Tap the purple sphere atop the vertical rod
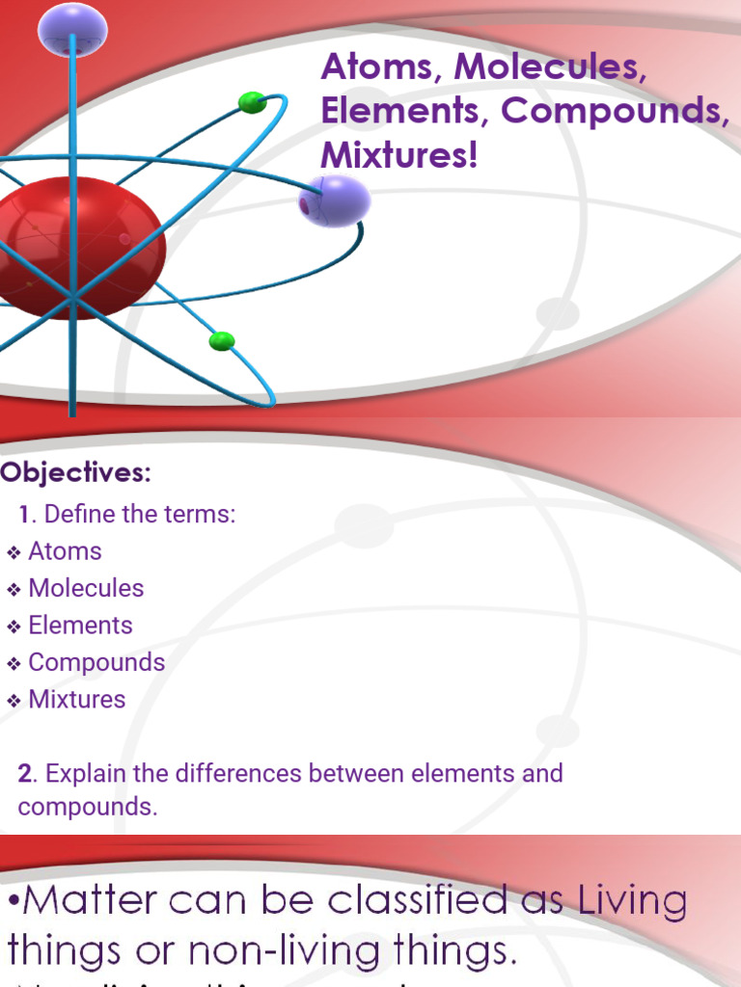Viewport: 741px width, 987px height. pyautogui.click(x=72, y=30)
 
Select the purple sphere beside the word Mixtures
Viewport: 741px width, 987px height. pyautogui.click(x=334, y=201)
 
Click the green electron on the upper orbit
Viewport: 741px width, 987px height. pyautogui.click(x=252, y=102)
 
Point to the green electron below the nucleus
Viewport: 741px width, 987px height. pyautogui.click(x=222, y=340)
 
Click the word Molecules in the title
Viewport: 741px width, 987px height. pyautogui.click(x=549, y=67)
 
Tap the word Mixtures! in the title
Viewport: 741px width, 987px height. pyautogui.click(x=399, y=155)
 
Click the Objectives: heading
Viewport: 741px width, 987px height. pyautogui.click(x=76, y=473)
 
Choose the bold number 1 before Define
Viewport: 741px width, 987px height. pyautogui.click(x=24, y=514)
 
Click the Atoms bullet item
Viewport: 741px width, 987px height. pyautogui.click(x=65, y=551)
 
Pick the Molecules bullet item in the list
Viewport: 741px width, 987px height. pyautogui.click(x=86, y=588)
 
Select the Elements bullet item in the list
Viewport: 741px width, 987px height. pyautogui.click(x=80, y=625)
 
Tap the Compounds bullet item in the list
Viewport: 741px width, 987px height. pyautogui.click(x=96, y=662)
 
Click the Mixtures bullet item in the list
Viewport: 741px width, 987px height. pyautogui.click(x=77, y=699)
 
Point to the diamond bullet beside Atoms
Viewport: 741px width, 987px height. pyautogui.click(x=14, y=552)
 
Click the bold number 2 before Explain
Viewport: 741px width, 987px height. pyautogui.click(x=25, y=773)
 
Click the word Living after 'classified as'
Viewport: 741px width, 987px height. pyautogui.click(x=633, y=902)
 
